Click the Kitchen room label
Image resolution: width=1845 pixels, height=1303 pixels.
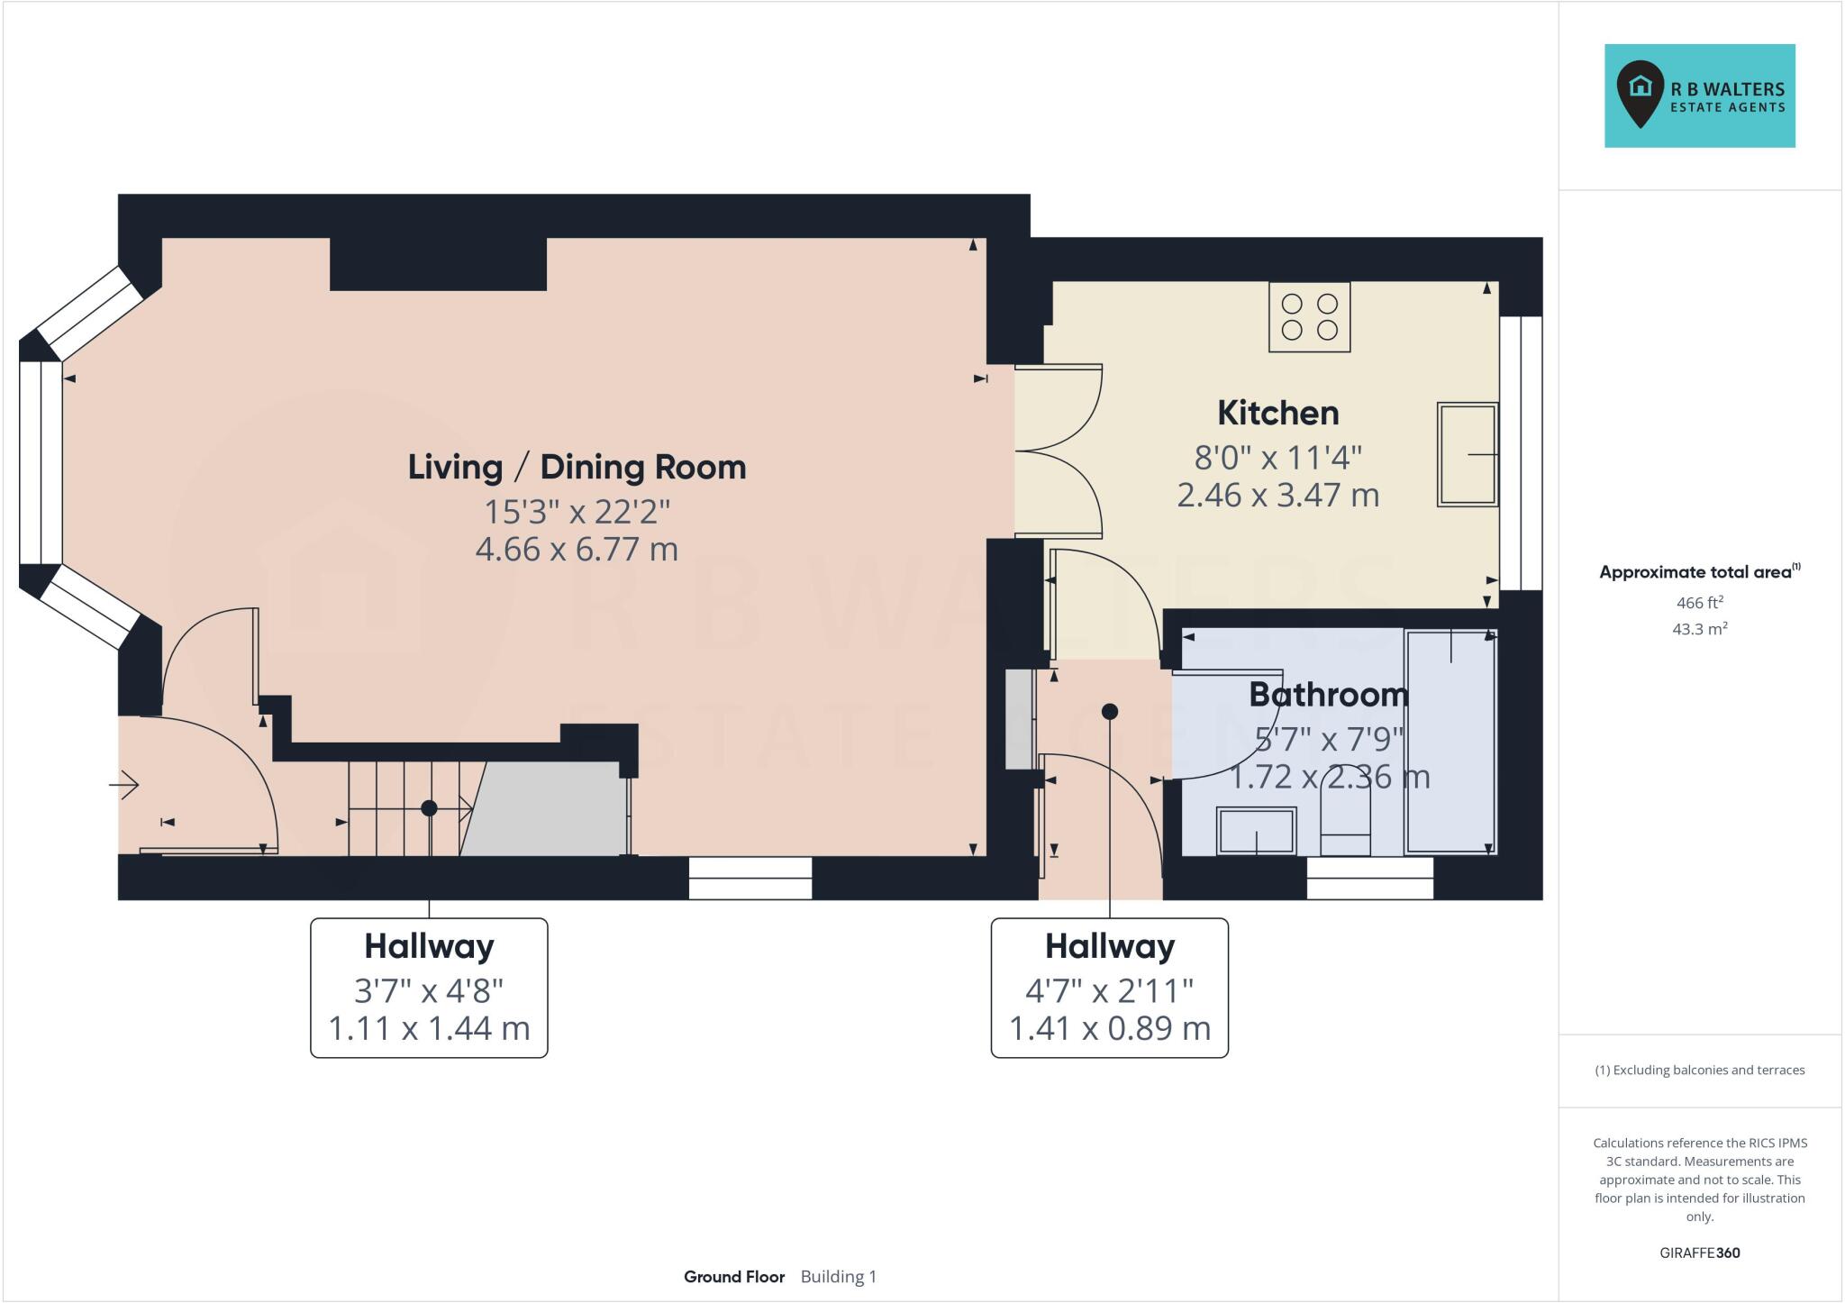pos(1277,413)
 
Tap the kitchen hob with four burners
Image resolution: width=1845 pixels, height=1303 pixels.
pos(1309,316)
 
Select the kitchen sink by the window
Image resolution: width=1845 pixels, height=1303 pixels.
pos(1467,454)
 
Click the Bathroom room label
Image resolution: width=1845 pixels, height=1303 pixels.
pos(1328,695)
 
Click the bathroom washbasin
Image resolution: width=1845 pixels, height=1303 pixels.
pos(1257,830)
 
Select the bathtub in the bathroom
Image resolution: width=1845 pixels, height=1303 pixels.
pos(1450,741)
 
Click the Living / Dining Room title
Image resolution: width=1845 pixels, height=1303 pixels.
pos(577,467)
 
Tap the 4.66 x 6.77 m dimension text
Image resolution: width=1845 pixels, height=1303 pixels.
pos(577,549)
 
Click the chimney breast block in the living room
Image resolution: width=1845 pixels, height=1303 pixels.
pos(438,263)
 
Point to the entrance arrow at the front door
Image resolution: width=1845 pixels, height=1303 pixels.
pos(124,786)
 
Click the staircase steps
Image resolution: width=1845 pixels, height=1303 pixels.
pos(405,808)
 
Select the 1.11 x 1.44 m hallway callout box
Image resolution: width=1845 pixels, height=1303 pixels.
pos(429,988)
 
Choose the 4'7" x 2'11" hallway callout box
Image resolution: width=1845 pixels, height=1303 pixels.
pos(1109,988)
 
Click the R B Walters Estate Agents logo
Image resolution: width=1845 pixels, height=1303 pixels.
pos(1699,96)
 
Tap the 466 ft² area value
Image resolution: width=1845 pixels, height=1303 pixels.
pos(1698,603)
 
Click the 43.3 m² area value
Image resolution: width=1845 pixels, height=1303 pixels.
pos(1699,629)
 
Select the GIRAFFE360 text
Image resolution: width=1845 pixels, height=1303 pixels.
pos(1699,1253)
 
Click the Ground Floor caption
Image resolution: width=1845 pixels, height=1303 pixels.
pos(733,1277)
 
